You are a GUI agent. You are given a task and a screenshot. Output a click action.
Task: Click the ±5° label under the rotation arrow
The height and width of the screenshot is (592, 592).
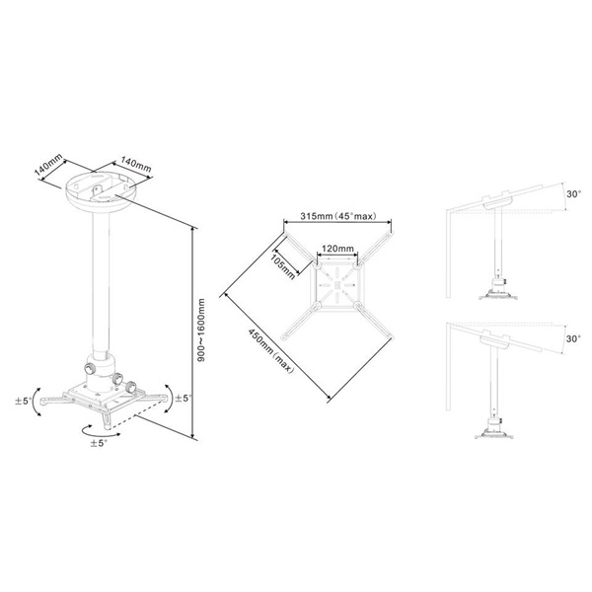(97, 443)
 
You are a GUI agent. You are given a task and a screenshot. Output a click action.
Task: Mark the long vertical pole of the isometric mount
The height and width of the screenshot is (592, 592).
(99, 286)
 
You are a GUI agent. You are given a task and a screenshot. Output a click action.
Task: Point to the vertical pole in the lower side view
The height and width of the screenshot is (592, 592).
(487, 385)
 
